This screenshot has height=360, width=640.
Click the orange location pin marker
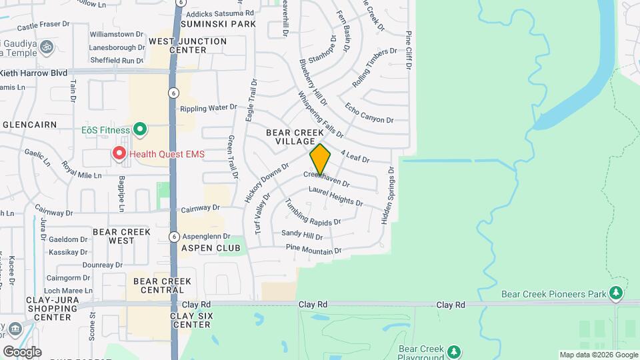[320, 159]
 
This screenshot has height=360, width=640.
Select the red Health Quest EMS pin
[119, 154]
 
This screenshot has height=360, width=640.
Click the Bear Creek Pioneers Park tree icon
[616, 293]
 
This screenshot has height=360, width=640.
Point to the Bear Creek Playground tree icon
[454, 351]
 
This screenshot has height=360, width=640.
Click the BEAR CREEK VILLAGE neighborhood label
[290, 137]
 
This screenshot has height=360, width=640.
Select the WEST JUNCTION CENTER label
[187, 45]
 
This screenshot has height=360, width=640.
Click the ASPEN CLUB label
[210, 248]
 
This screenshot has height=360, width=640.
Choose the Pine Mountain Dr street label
[313, 249]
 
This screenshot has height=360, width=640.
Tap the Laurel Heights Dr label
[335, 196]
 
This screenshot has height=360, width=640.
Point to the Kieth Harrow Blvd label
[33, 73]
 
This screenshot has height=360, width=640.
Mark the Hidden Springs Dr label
[387, 196]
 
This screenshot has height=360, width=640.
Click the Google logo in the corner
[22, 352]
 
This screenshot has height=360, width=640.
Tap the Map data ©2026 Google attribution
[598, 355]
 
